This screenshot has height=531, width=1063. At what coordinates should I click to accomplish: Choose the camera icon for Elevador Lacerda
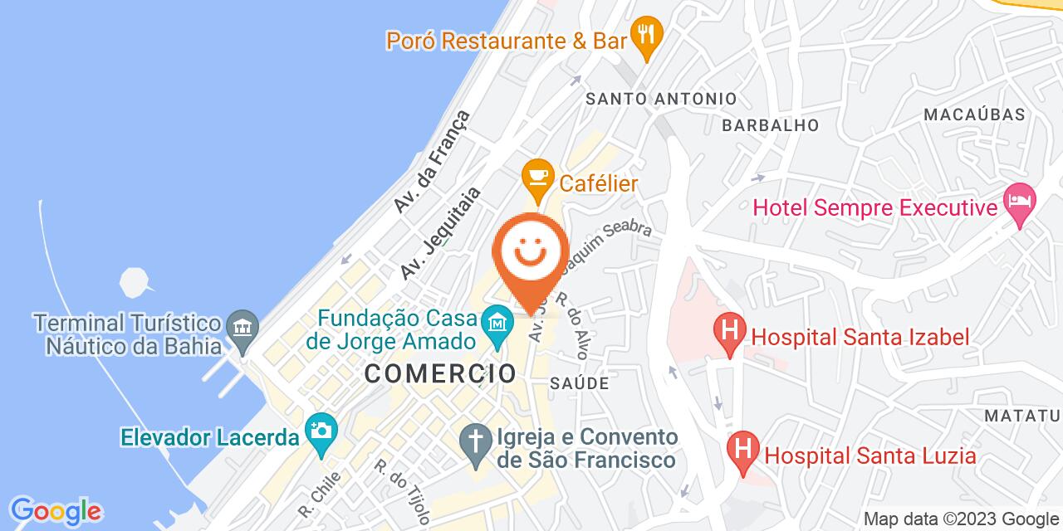tap(320, 431)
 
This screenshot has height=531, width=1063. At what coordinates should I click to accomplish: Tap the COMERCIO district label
tap(441, 373)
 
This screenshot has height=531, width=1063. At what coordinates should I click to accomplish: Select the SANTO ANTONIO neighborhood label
tap(661, 99)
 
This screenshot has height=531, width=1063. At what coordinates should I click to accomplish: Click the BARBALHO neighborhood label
tap(770, 125)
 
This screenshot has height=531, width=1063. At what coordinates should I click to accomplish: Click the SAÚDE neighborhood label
tap(580, 383)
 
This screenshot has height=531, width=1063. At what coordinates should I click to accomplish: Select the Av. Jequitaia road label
tap(440, 232)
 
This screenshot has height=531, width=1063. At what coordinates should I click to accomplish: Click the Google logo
tap(55, 510)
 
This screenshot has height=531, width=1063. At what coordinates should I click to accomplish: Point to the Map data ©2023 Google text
tap(960, 519)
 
